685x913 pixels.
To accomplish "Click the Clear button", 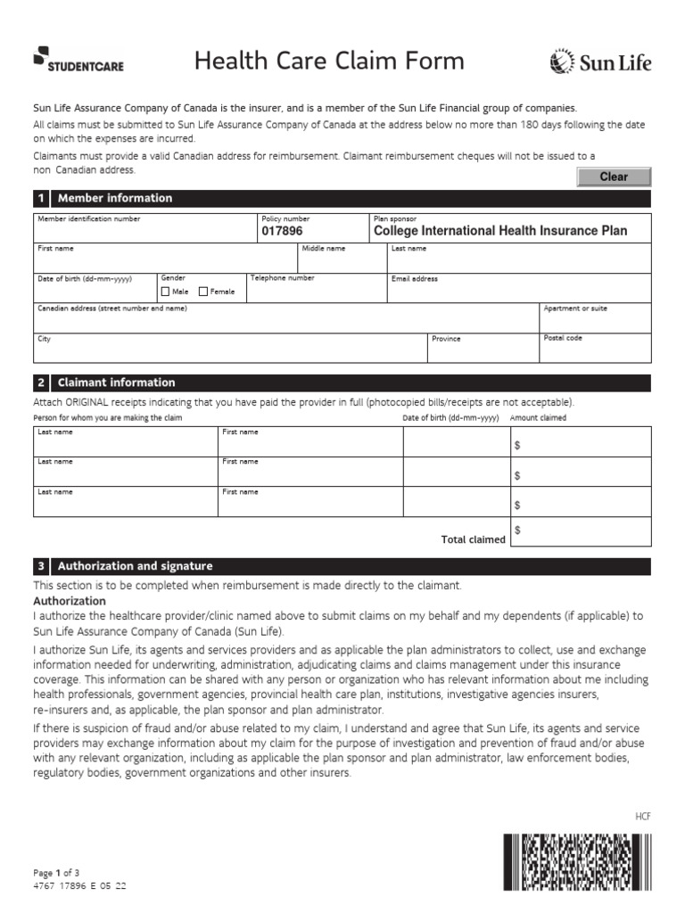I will pyautogui.click(x=614, y=177).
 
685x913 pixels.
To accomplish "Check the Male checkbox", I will pyautogui.click(x=165, y=292).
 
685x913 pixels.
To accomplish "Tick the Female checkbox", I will pyautogui.click(x=202, y=292).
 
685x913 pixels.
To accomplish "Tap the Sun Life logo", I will pyautogui.click(x=600, y=62).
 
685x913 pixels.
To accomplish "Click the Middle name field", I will pyautogui.click(x=342, y=261).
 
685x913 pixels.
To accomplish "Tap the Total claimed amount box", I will pyautogui.click(x=581, y=532).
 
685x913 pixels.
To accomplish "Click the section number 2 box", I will pyautogui.click(x=41, y=382).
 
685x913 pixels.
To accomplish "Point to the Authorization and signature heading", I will pyautogui.click(x=135, y=566).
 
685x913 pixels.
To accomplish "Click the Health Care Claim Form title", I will pyautogui.click(x=329, y=61).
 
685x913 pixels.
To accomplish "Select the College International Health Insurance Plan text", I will pyautogui.click(x=499, y=231).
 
